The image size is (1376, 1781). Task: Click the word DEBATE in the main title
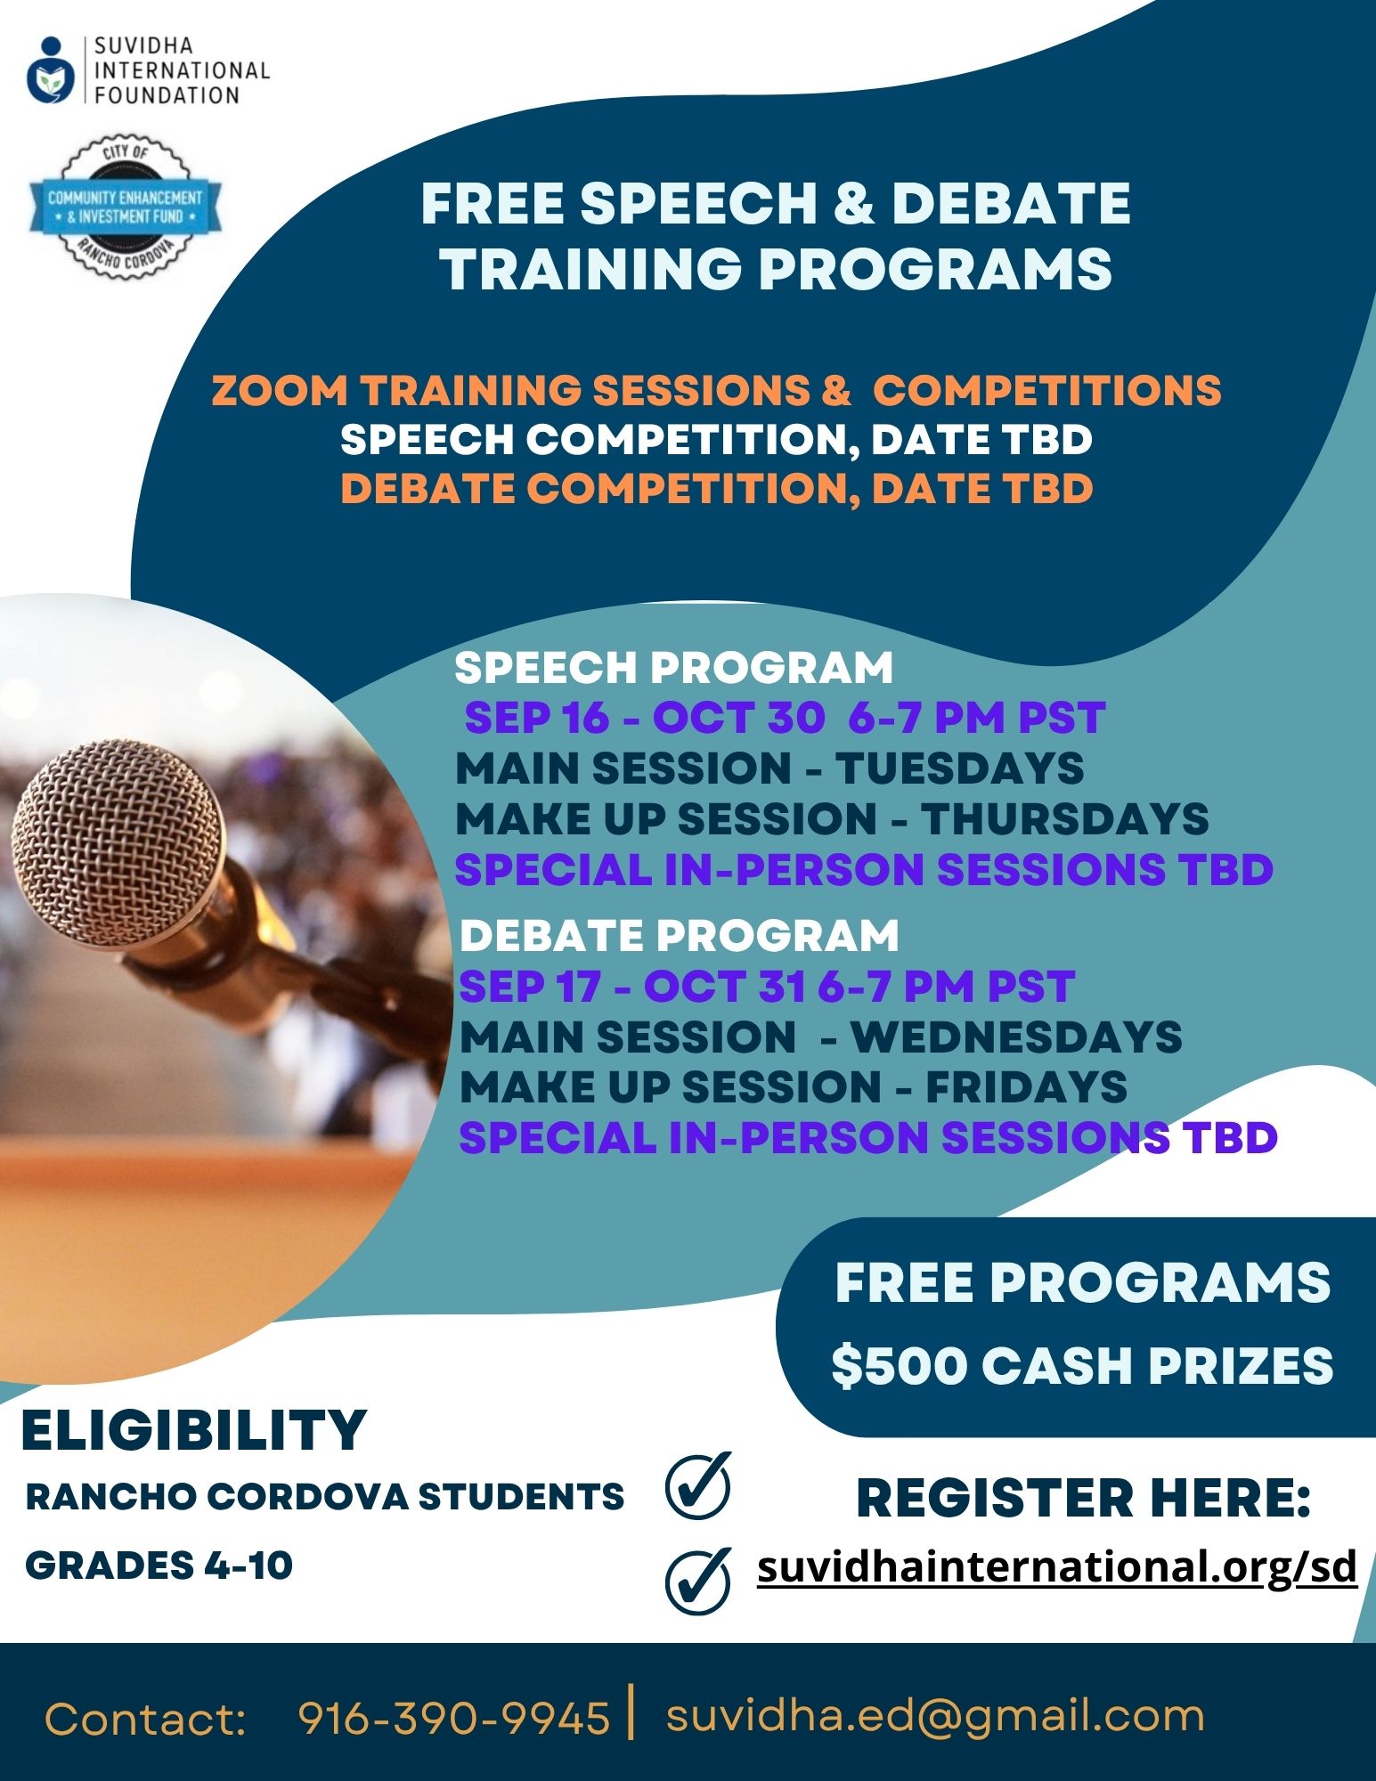1011,203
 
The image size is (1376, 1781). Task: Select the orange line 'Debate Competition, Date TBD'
716,489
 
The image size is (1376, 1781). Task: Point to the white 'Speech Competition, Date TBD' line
716,439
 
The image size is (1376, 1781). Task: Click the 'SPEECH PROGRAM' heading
673,668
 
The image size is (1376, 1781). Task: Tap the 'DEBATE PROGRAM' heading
679,935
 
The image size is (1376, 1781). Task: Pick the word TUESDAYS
959,769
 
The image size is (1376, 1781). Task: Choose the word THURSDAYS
1064,819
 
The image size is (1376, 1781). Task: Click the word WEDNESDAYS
1016,1037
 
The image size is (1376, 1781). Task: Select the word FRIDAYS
1026,1087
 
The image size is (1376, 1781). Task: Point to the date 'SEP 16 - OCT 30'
645,718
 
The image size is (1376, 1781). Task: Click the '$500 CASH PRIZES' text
1082,1366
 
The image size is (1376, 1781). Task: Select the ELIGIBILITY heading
193,1431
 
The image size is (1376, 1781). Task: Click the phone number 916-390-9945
454,1718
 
